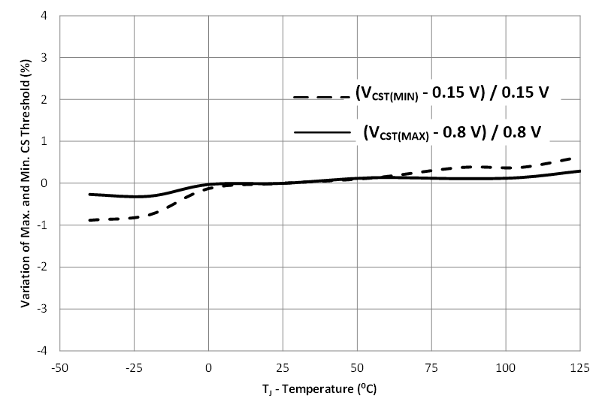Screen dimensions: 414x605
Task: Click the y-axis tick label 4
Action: (x=47, y=16)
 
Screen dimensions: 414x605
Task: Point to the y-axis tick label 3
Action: (x=47, y=58)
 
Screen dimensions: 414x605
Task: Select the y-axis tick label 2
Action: (x=47, y=99)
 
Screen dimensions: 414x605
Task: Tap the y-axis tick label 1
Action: (x=47, y=141)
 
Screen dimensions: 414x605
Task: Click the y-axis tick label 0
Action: (x=47, y=183)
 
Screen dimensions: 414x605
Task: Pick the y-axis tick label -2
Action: (x=46, y=267)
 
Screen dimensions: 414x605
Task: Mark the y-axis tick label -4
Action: (x=46, y=350)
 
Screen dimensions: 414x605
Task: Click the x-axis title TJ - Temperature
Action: (x=320, y=391)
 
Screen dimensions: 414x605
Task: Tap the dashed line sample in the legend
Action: (x=322, y=97)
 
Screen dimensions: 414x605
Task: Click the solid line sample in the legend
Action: (x=322, y=132)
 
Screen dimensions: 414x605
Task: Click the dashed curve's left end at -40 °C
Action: (x=89, y=220)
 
